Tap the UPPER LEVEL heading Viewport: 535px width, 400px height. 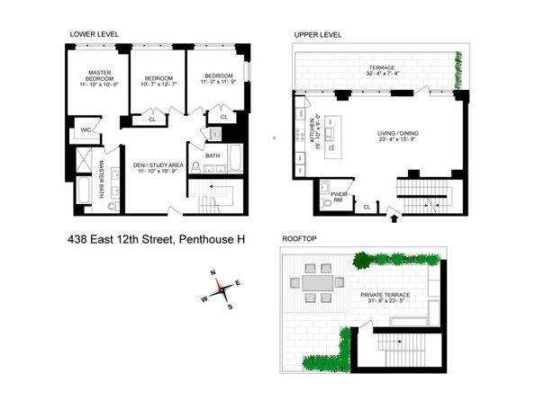318,34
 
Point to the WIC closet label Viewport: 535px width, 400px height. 86,130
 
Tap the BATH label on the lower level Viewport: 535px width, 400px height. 213,156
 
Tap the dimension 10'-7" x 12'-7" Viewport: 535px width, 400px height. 159,84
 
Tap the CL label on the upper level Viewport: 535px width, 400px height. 366,208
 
